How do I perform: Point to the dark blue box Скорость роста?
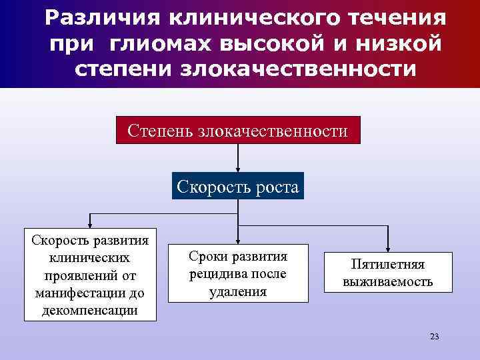tap(238, 186)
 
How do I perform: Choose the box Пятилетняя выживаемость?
tap(387, 273)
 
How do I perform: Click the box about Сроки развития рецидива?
tap(237, 274)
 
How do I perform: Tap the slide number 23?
tap(435, 337)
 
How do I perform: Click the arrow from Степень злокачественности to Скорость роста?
tap(239, 158)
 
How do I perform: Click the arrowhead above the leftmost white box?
tap(91, 225)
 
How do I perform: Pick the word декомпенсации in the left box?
tap(90, 310)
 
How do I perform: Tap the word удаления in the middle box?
tap(237, 291)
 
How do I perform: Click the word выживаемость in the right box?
tap(387, 282)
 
